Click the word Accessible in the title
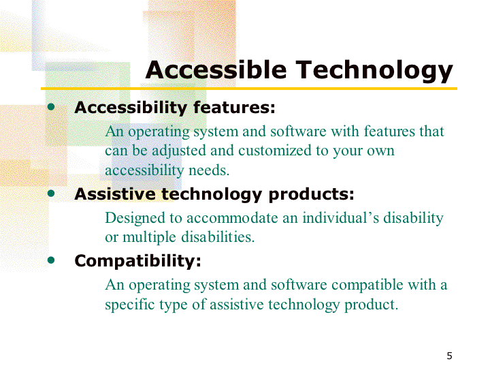(x=216, y=70)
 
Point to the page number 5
(x=449, y=356)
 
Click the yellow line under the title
(x=249, y=89)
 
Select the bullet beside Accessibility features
(x=51, y=108)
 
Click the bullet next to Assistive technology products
(x=51, y=194)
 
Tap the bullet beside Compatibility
(x=51, y=260)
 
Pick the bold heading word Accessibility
(x=131, y=108)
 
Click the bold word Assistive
(x=115, y=194)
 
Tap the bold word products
(x=312, y=195)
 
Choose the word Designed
(x=135, y=219)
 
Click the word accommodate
(x=232, y=218)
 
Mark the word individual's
(x=341, y=217)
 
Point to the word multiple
(x=149, y=238)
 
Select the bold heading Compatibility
(x=137, y=261)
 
